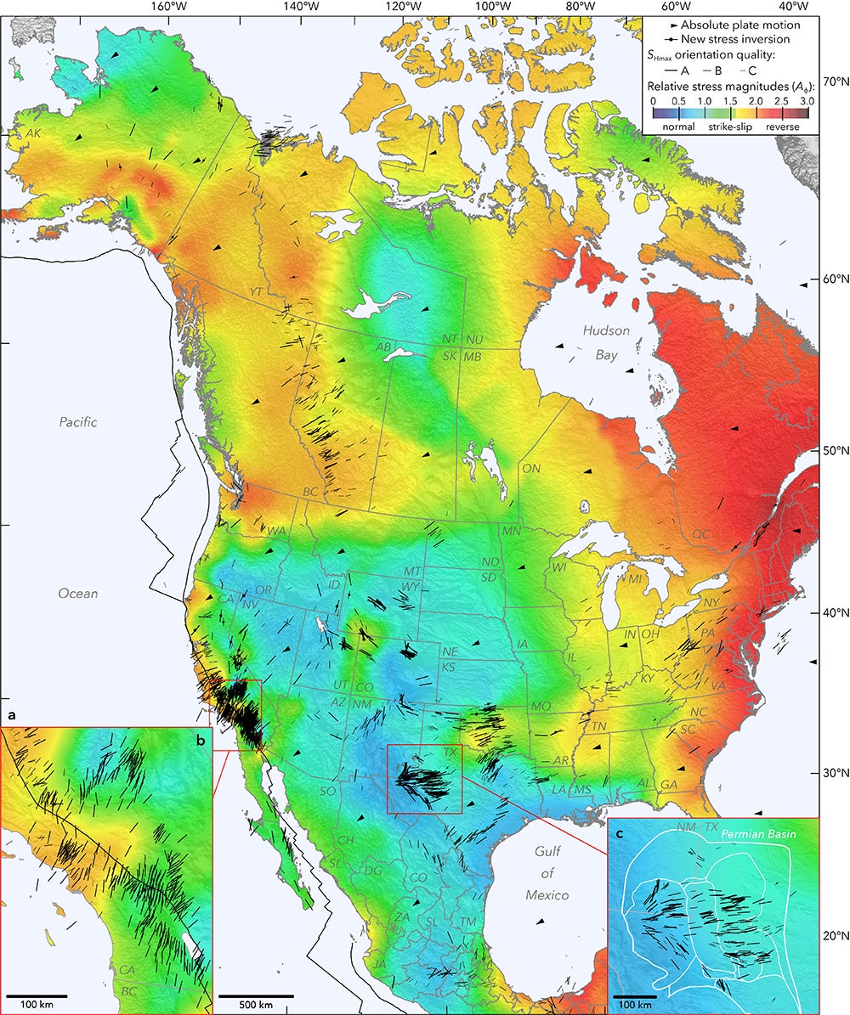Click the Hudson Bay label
pyautogui.click(x=606, y=338)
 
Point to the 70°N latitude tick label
pyautogui.click(x=833, y=82)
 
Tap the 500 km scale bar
pyautogui.click(x=256, y=995)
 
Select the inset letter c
pyautogui.click(x=620, y=833)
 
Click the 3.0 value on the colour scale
pyautogui.click(x=807, y=100)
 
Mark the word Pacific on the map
pyautogui.click(x=78, y=421)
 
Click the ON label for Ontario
pyautogui.click(x=531, y=468)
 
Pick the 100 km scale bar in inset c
pyautogui.click(x=634, y=995)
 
